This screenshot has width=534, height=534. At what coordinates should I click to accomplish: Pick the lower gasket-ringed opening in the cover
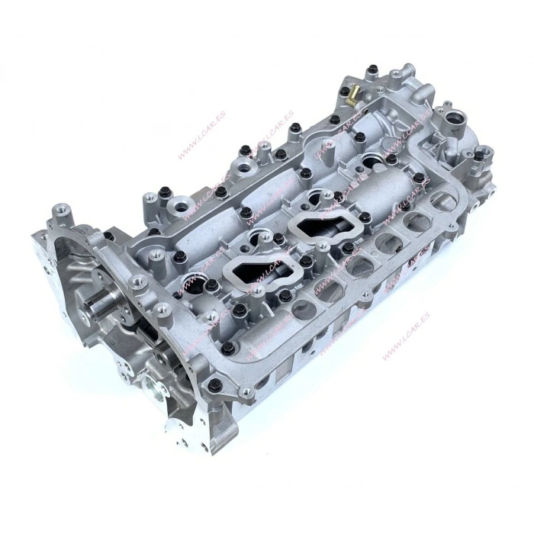(x=252, y=267)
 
